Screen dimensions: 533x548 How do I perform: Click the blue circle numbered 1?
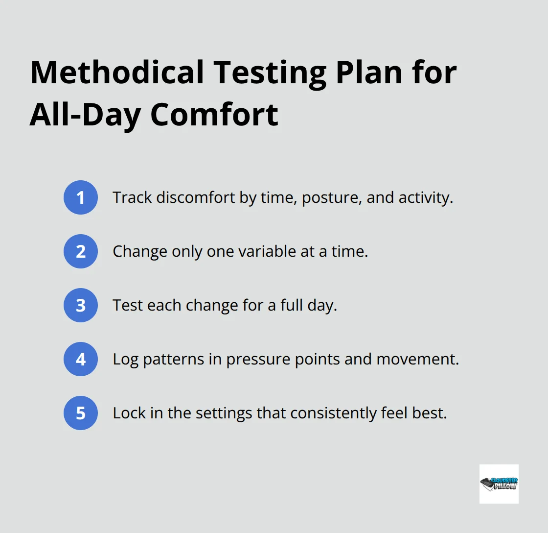click(81, 197)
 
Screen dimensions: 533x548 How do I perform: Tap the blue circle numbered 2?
click(81, 251)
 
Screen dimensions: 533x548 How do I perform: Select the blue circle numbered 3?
click(81, 305)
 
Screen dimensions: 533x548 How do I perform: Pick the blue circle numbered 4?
click(81, 359)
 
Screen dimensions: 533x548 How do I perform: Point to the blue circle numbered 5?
click(81, 413)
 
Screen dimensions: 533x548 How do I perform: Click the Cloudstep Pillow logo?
click(499, 484)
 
